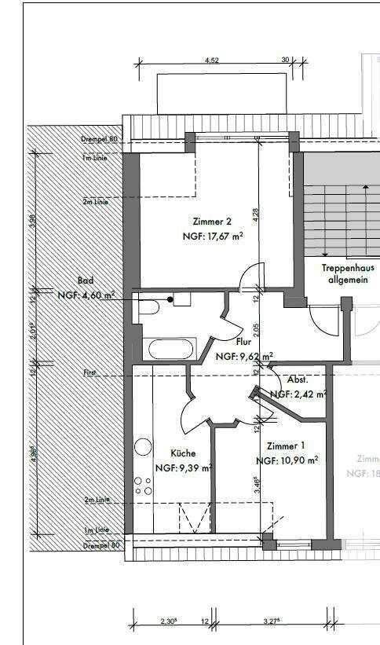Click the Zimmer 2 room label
211,221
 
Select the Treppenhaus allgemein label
346,273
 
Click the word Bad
86,280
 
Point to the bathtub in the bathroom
167,346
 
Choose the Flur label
243,343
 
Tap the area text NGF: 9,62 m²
244,357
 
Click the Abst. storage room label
298,379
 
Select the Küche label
183,453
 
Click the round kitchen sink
143,446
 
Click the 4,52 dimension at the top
211,59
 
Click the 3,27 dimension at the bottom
274,621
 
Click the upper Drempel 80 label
99,139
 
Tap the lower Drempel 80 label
100,544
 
